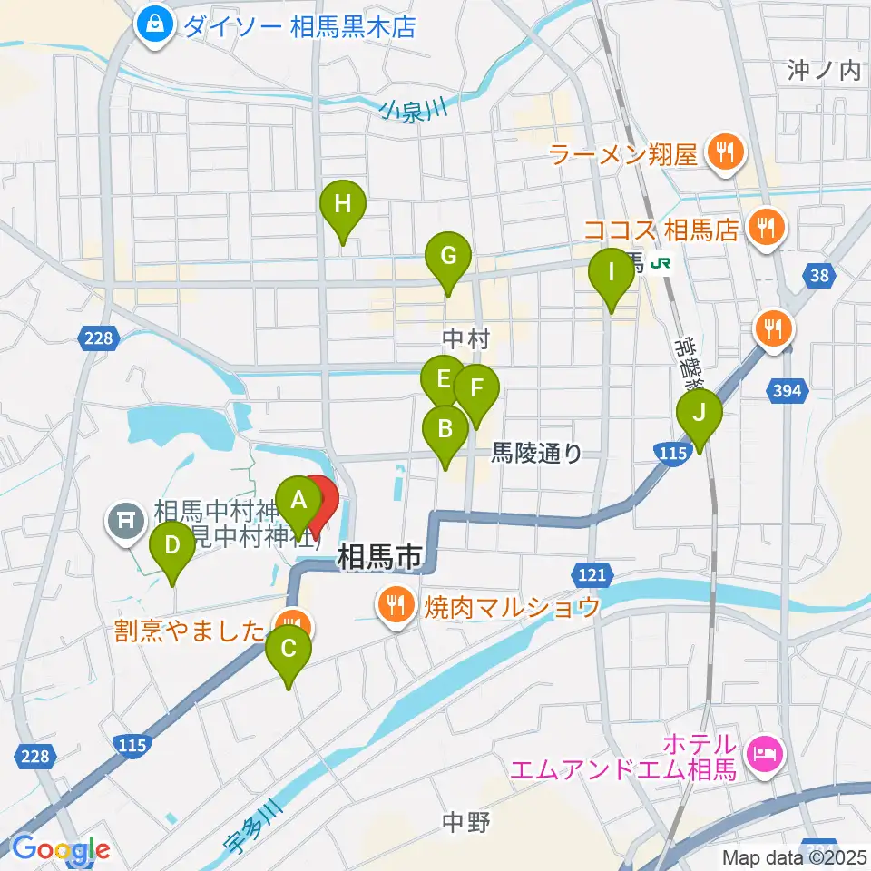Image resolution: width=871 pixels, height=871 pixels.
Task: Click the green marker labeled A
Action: tap(298, 501)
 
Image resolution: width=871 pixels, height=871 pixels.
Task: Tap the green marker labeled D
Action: tap(172, 546)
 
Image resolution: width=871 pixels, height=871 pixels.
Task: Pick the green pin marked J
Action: tap(700, 413)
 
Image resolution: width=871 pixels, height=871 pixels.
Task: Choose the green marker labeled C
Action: tap(289, 650)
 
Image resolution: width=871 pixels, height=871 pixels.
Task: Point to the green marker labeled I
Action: tap(612, 272)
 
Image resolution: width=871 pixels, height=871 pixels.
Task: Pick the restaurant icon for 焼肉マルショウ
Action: tap(396, 604)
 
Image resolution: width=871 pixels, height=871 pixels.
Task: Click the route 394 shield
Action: tap(788, 390)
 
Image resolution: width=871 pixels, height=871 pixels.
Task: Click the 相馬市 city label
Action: tap(380, 557)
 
